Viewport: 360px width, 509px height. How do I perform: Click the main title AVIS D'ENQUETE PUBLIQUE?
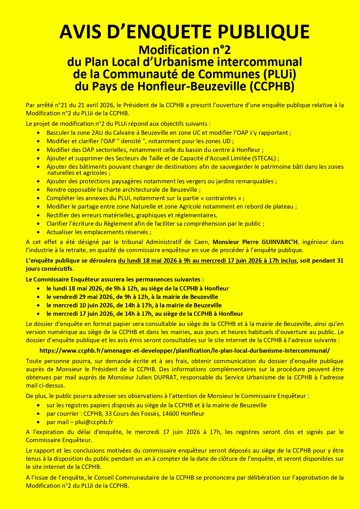184,32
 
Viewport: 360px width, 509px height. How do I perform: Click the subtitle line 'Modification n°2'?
184,50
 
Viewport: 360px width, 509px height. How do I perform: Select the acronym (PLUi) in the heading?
279,74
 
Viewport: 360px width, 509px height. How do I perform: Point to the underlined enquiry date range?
207,261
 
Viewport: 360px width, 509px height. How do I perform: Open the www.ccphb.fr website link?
184,351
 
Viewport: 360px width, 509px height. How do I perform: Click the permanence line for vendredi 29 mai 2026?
132,297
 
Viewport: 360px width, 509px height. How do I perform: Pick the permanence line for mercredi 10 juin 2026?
134,305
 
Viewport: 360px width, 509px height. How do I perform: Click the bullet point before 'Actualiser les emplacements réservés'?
39,232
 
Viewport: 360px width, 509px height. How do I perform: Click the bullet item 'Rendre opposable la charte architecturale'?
123,190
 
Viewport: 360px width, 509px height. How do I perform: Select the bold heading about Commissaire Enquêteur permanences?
115,279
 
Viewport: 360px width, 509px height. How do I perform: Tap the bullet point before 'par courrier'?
39,414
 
